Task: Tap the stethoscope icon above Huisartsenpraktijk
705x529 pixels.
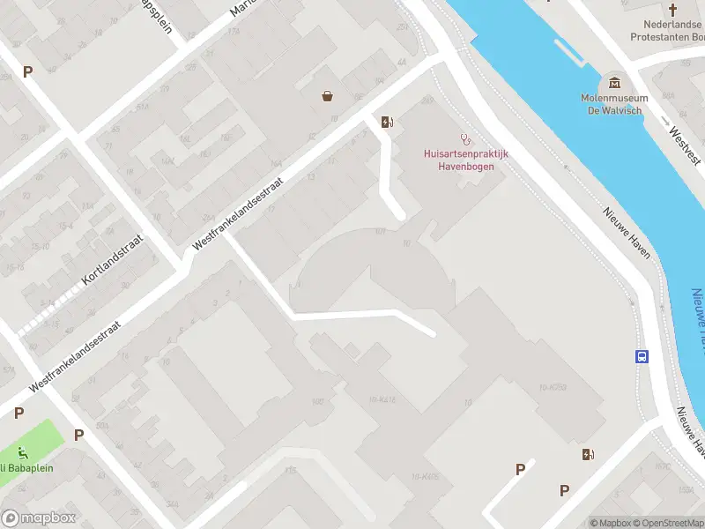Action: (467, 138)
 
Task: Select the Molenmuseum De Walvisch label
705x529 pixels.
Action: (614, 104)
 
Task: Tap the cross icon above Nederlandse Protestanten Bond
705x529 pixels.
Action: (673, 10)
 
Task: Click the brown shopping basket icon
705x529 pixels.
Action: (328, 95)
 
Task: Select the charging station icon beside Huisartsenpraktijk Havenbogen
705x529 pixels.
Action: (386, 122)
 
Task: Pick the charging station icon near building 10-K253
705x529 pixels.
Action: (588, 454)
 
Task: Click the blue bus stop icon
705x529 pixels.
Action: (642, 357)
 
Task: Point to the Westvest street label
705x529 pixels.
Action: (685, 147)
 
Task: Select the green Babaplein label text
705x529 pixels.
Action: (26, 468)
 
